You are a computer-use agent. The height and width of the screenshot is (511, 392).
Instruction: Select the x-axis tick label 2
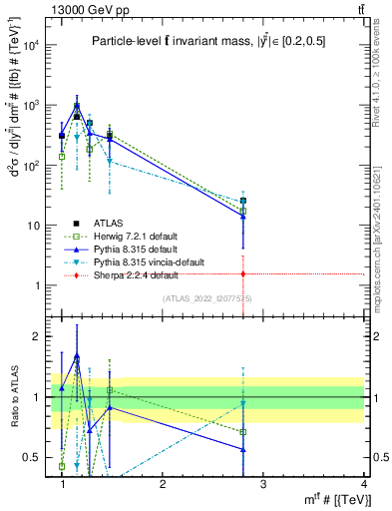pyautogui.click(x=163, y=484)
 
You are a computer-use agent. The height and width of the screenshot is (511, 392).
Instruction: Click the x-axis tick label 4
pyautogui.click(x=363, y=484)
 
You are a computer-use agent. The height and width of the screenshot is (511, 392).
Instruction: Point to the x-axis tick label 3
pyautogui.click(x=262, y=484)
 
